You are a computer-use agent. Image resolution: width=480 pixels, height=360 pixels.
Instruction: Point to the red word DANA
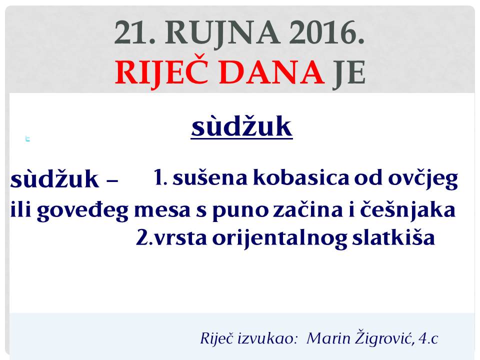(x=271, y=72)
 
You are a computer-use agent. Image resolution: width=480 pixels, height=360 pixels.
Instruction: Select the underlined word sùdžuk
(x=242, y=126)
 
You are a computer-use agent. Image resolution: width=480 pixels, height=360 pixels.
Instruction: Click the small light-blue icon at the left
(x=27, y=139)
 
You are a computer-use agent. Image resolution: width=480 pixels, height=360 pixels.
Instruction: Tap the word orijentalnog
(x=279, y=238)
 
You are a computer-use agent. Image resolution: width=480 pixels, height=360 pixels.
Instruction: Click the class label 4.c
(x=428, y=338)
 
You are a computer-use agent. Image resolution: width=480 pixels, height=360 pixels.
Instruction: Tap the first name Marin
(x=328, y=338)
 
